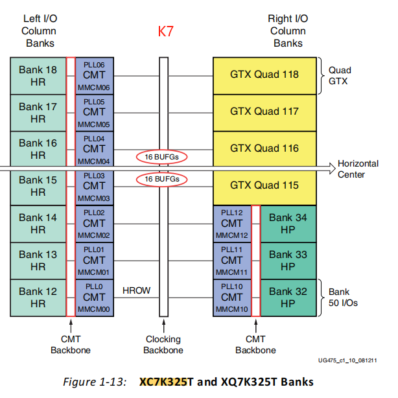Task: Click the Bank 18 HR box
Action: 38,75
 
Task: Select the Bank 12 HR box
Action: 38,298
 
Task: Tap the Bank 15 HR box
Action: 38,186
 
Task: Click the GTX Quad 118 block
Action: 264,75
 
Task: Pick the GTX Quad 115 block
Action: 264,185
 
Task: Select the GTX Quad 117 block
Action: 264,111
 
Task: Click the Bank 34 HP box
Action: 288,224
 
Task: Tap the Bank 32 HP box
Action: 288,298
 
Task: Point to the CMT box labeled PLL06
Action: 94,75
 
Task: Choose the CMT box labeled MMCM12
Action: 232,224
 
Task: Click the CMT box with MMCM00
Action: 94,298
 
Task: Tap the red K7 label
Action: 166,31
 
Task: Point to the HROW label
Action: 136,290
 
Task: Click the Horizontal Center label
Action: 358,169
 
